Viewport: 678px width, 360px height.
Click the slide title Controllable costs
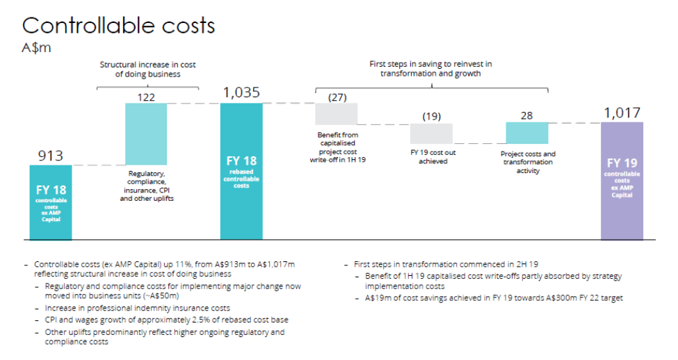[119, 26]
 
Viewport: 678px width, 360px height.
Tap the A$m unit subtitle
[37, 49]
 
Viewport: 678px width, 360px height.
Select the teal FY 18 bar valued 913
[50, 202]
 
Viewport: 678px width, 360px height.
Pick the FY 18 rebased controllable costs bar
[241, 171]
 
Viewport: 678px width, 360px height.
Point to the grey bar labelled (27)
[337, 113]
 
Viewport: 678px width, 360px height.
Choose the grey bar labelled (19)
[431, 133]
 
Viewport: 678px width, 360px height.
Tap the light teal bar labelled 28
[526, 133]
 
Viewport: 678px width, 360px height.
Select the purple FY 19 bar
[622, 181]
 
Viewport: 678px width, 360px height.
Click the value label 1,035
[242, 92]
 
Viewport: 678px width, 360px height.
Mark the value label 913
[50, 156]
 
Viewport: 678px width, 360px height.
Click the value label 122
[146, 97]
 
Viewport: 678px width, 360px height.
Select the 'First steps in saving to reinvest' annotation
[431, 68]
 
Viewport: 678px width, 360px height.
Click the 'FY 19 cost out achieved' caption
[432, 157]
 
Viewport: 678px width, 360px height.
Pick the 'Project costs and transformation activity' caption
[528, 162]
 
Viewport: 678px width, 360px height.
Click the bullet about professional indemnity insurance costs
[137, 308]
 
